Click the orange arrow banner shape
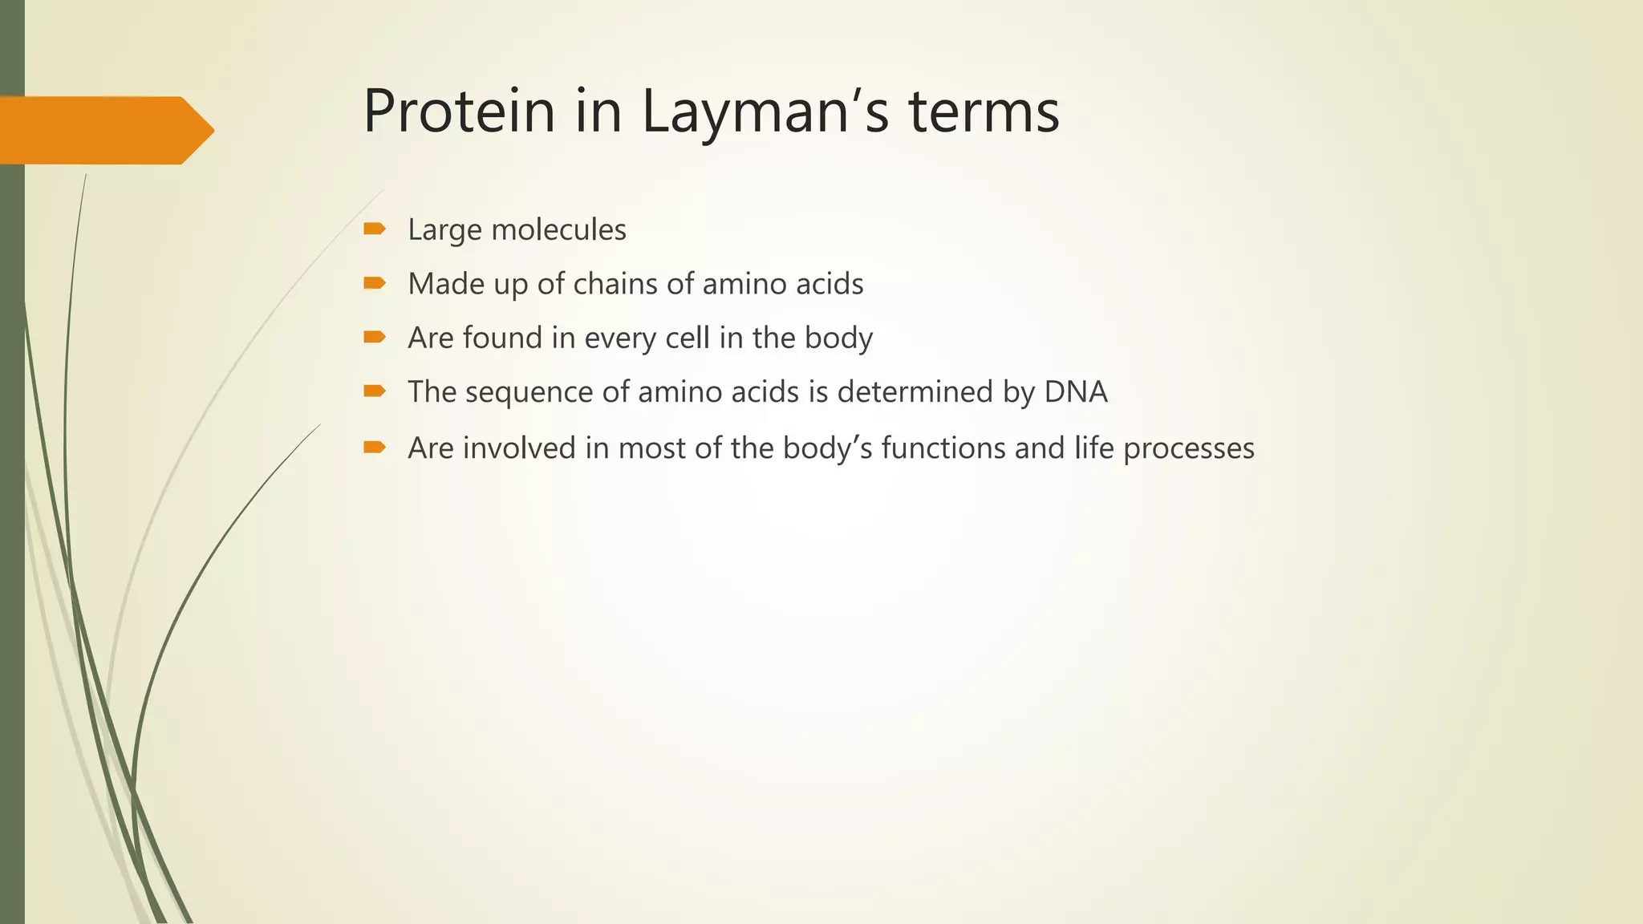pos(104,130)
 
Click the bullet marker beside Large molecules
pos(374,229)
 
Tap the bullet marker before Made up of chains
pos(374,283)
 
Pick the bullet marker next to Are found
pos(374,337)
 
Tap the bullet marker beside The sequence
pos(374,391)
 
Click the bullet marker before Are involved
pos(374,447)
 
